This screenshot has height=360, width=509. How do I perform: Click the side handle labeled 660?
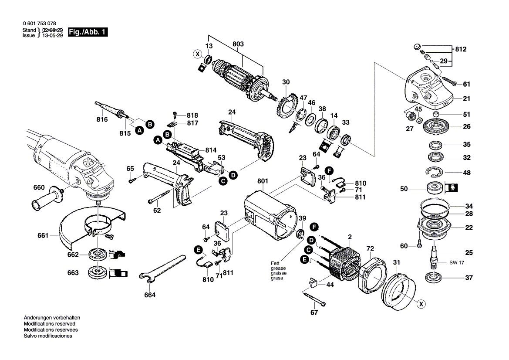click(47, 199)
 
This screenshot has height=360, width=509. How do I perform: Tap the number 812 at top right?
click(461, 49)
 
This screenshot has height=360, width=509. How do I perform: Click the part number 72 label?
click(370, 248)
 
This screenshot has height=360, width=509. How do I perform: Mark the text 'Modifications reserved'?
click(49, 324)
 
